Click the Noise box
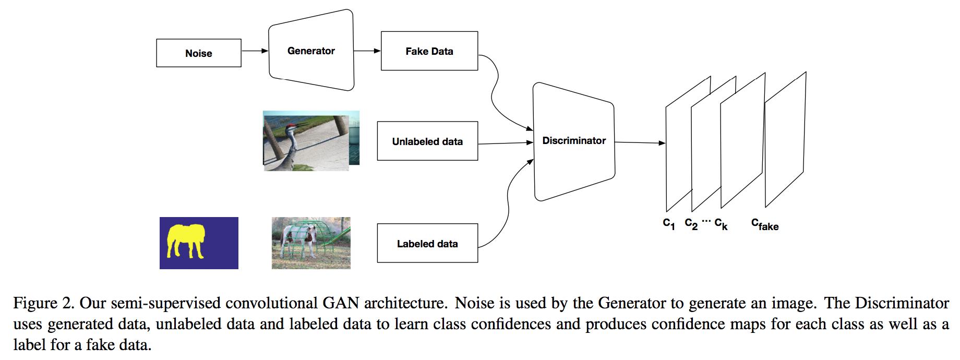(199, 53)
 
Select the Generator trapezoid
(311, 51)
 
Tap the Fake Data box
(429, 51)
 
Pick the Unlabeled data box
(427, 141)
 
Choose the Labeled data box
(427, 244)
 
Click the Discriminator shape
(574, 141)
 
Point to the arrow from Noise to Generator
(255, 51)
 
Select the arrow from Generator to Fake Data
(367, 51)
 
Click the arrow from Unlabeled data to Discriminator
(505, 143)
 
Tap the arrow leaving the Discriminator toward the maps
(640, 142)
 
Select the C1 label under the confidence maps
(669, 224)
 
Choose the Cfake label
(765, 224)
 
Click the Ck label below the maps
(721, 224)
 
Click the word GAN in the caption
(341, 303)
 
